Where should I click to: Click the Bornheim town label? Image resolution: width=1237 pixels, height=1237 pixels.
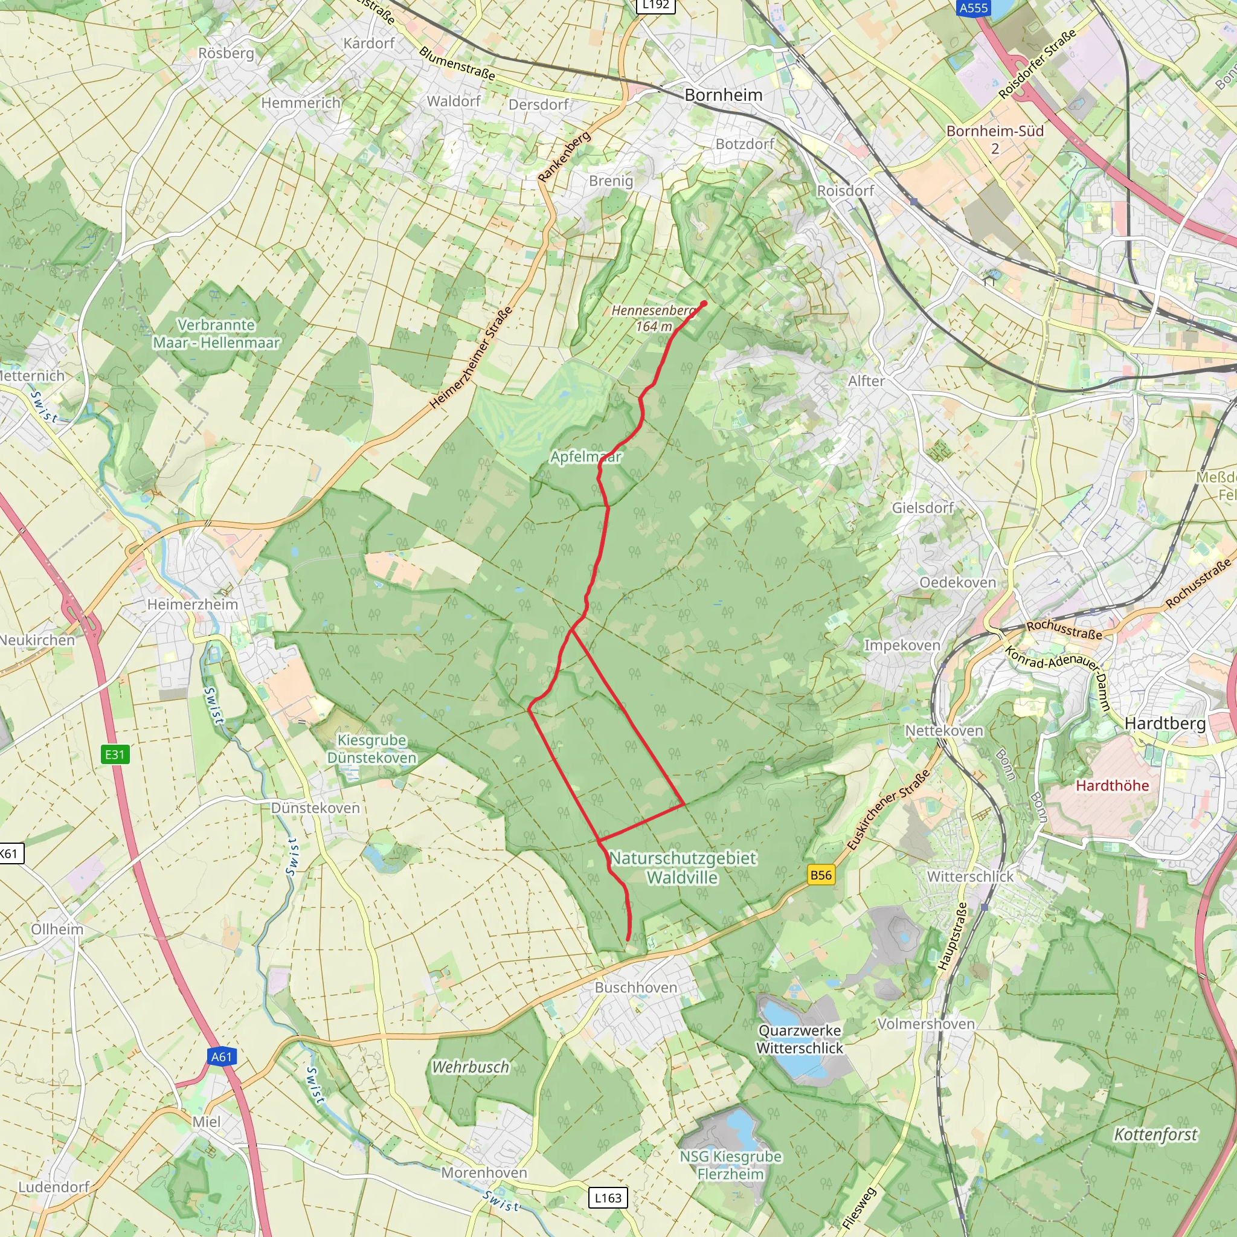[x=724, y=95]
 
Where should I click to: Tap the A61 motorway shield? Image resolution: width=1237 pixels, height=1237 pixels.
[x=222, y=1056]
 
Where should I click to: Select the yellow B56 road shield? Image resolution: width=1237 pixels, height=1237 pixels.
[x=821, y=875]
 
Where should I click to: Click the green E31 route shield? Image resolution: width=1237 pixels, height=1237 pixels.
[x=115, y=754]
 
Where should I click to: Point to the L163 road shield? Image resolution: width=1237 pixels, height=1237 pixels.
[x=608, y=1197]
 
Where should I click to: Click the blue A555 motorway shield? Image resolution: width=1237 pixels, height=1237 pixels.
[x=973, y=8]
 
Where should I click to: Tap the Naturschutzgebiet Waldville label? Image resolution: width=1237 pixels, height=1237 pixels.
[x=683, y=867]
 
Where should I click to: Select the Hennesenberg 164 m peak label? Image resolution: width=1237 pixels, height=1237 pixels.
[x=653, y=318]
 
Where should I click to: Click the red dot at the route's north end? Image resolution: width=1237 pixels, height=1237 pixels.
[x=704, y=303]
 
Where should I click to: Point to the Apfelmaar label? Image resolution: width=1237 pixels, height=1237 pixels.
[x=586, y=457]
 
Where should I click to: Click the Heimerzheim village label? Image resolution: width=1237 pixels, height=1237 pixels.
[x=192, y=604]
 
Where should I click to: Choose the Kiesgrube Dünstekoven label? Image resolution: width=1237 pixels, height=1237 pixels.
[x=371, y=748]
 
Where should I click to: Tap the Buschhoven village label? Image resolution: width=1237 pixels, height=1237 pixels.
[x=636, y=988]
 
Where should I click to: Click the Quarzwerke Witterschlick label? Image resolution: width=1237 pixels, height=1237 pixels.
[x=800, y=1039]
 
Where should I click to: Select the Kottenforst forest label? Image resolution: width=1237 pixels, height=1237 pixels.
[x=1155, y=1134]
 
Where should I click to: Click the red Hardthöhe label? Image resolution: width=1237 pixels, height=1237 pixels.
[x=1112, y=785]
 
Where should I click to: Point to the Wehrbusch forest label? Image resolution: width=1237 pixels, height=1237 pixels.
[x=471, y=1067]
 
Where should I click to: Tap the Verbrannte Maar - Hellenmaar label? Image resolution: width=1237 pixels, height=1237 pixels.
[x=216, y=333]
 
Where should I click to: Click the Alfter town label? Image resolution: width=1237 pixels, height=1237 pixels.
[x=866, y=381]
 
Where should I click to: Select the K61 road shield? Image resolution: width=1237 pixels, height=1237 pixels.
[x=10, y=853]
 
